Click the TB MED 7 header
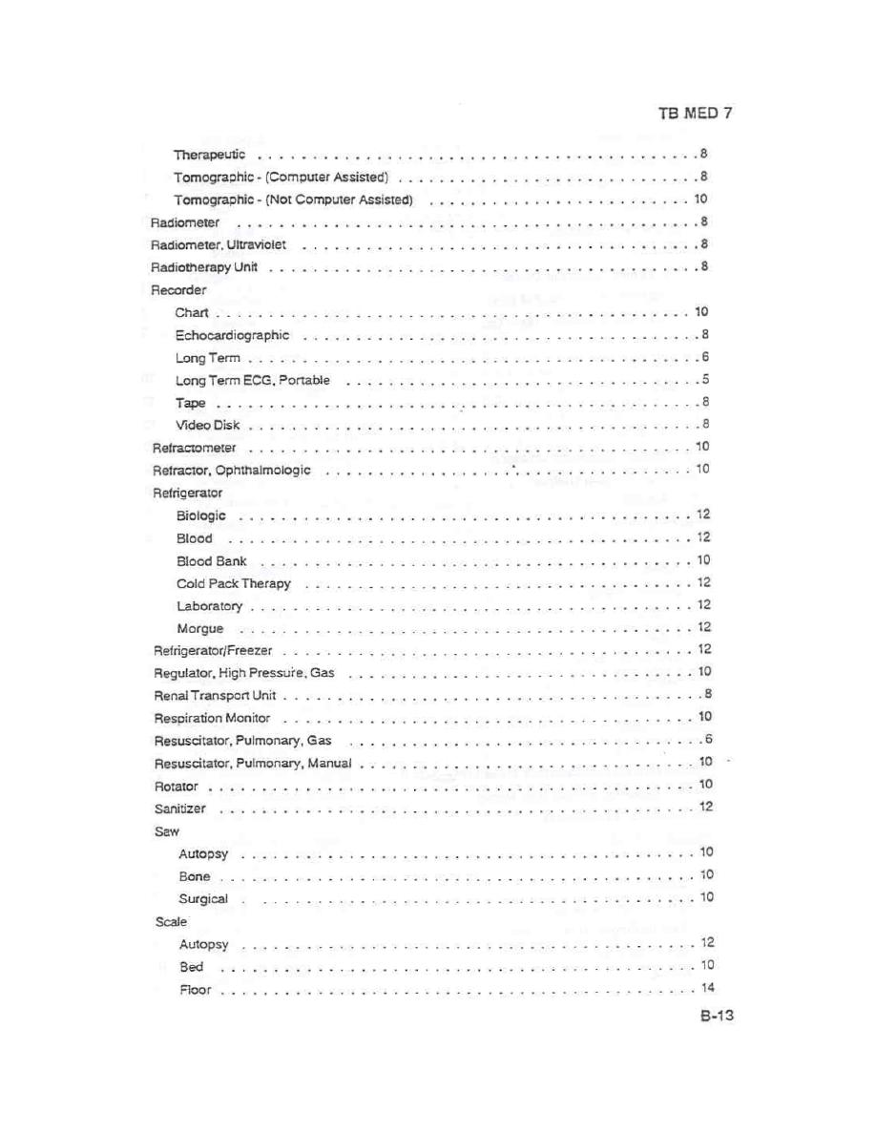(695, 113)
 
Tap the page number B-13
(715, 1017)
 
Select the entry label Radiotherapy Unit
(204, 267)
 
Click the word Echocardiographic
(232, 335)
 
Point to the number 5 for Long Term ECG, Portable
(704, 380)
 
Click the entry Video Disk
(207, 425)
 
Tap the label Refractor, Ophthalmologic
(232, 471)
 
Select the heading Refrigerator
(187, 493)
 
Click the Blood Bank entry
(211, 560)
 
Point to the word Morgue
(199, 628)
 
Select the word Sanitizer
(179, 808)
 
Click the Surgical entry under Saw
(203, 899)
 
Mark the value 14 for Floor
(707, 989)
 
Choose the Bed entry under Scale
(191, 967)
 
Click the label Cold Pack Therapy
(233, 583)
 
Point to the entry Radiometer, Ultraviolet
(219, 245)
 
